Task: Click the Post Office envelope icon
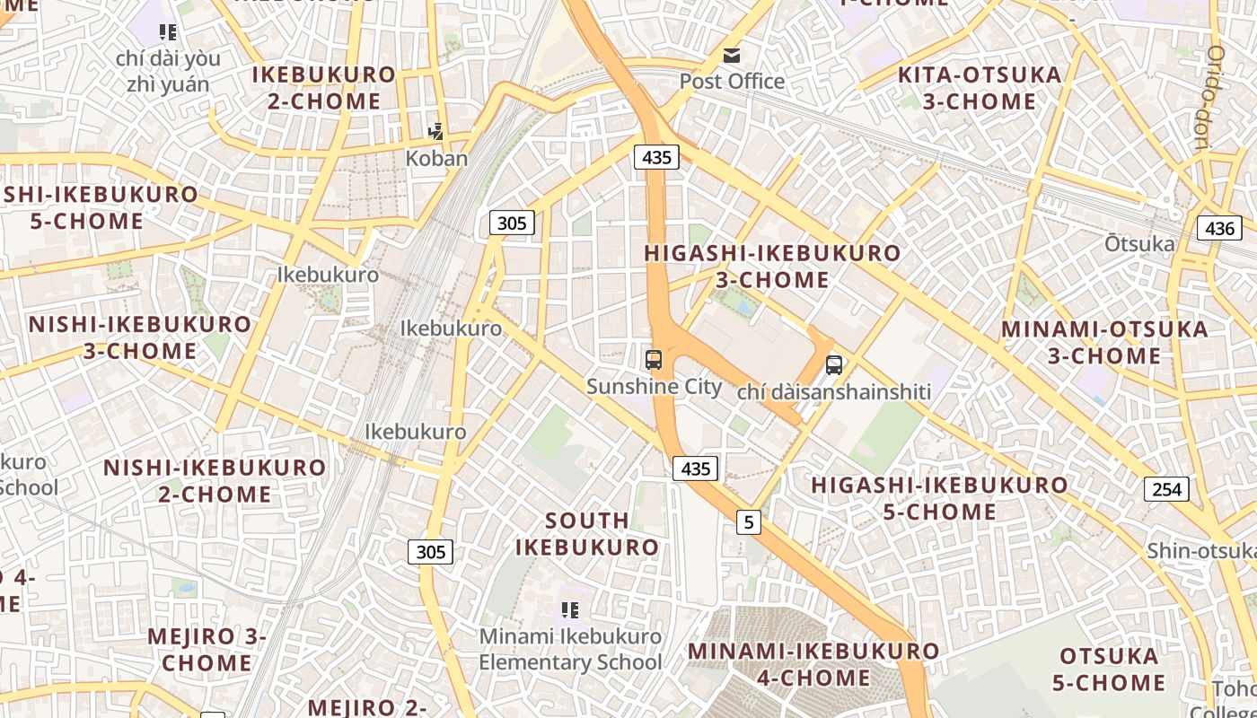click(733, 56)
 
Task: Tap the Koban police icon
click(436, 133)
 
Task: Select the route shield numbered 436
click(1219, 228)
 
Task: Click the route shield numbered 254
click(1166, 489)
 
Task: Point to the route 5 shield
click(749, 521)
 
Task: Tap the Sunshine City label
click(654, 387)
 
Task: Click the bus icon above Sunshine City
click(654, 360)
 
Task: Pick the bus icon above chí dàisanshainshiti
click(834, 365)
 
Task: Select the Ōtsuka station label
click(1139, 244)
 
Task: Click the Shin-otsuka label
click(1200, 550)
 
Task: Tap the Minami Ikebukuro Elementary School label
click(570, 650)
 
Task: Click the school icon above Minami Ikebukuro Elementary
click(570, 611)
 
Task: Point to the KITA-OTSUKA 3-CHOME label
click(980, 88)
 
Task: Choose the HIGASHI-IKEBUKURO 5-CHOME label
click(940, 498)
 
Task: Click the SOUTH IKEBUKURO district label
click(587, 533)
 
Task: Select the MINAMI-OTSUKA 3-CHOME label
click(1104, 342)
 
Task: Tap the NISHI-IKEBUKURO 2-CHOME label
click(215, 480)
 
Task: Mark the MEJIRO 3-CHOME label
click(207, 650)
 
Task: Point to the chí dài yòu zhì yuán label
click(168, 71)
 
